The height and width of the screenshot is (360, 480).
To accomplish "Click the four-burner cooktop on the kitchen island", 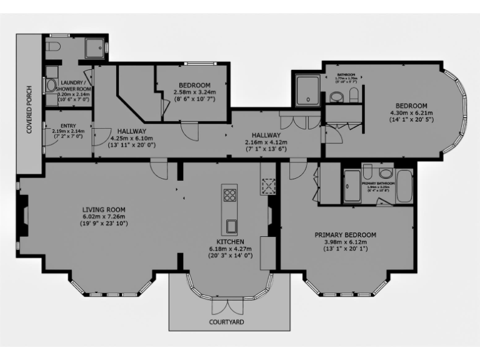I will (228, 194).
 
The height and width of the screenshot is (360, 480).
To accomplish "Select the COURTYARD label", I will (227, 322).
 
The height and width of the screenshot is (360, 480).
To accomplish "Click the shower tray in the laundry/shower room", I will (96, 47).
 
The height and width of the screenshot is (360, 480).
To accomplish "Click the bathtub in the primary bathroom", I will (404, 186).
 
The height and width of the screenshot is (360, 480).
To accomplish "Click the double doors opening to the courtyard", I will (226, 306).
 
